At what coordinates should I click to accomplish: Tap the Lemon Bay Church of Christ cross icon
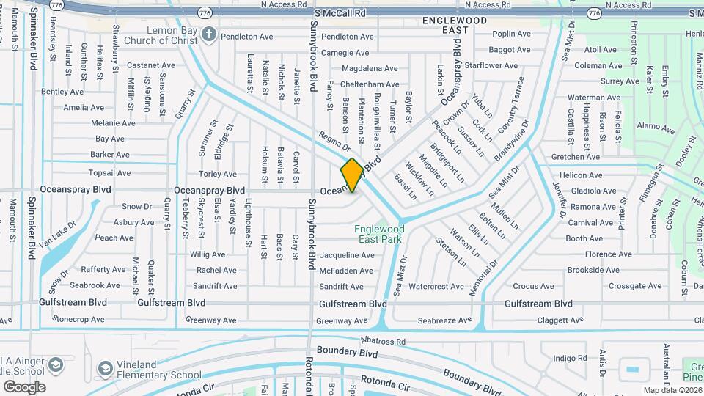pyautogui.click(x=209, y=34)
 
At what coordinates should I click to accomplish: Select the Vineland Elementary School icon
pyautogui.click(x=105, y=368)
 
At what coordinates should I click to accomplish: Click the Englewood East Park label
pyautogui.click(x=379, y=234)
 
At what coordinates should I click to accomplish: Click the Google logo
pyautogui.click(x=24, y=387)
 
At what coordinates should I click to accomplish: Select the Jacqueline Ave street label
pyautogui.click(x=347, y=255)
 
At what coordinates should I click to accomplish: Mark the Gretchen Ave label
pyautogui.click(x=576, y=157)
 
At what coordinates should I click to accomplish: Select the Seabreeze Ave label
pyautogui.click(x=444, y=320)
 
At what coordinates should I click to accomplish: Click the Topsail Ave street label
pyautogui.click(x=109, y=173)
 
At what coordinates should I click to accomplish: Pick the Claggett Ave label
pyautogui.click(x=558, y=320)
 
